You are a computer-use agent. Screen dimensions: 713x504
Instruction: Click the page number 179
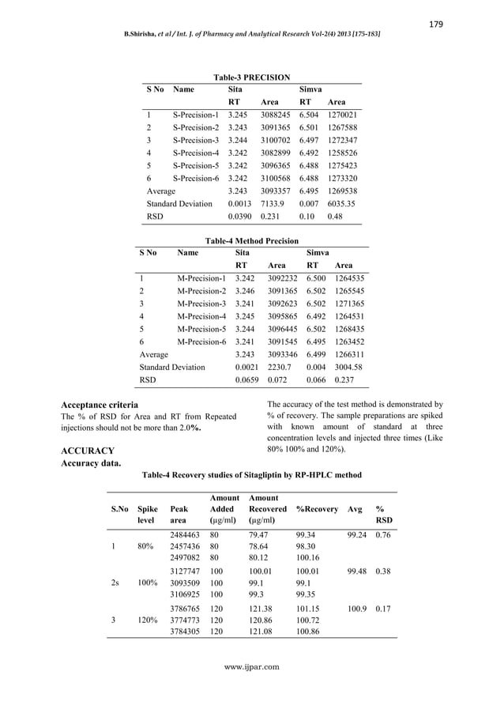(x=436, y=24)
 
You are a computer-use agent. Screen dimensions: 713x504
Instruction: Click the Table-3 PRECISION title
(x=251, y=77)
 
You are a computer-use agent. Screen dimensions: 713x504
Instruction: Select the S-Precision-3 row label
(x=195, y=140)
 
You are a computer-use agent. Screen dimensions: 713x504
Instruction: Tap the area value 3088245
(x=275, y=115)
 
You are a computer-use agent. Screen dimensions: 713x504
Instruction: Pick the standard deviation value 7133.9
(x=273, y=204)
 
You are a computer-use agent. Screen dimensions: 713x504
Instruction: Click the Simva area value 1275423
(x=342, y=165)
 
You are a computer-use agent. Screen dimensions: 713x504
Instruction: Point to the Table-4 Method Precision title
(x=251, y=240)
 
